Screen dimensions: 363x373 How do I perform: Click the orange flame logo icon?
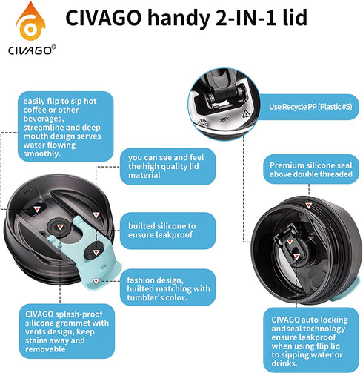click(30, 22)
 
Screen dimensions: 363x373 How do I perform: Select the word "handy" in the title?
click(179, 19)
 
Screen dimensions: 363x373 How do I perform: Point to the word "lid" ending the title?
click(295, 17)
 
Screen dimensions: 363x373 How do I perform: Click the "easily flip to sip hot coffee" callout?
click(66, 127)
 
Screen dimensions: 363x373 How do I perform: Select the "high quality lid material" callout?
click(167, 166)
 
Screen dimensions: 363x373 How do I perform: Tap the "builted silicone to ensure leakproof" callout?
click(167, 231)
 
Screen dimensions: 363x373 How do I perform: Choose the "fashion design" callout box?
click(167, 288)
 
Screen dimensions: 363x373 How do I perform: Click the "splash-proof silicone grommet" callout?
click(67, 331)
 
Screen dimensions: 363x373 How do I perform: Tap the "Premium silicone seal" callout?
click(311, 169)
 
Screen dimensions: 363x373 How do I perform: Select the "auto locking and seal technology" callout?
click(311, 340)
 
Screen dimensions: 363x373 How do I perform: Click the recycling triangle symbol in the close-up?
click(246, 114)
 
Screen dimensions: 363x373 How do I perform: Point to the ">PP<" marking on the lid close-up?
click(224, 119)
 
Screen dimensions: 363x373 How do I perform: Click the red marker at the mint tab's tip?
click(96, 281)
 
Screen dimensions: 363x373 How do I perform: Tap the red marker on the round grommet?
click(60, 227)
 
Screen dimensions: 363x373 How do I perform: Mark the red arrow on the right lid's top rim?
click(308, 205)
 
